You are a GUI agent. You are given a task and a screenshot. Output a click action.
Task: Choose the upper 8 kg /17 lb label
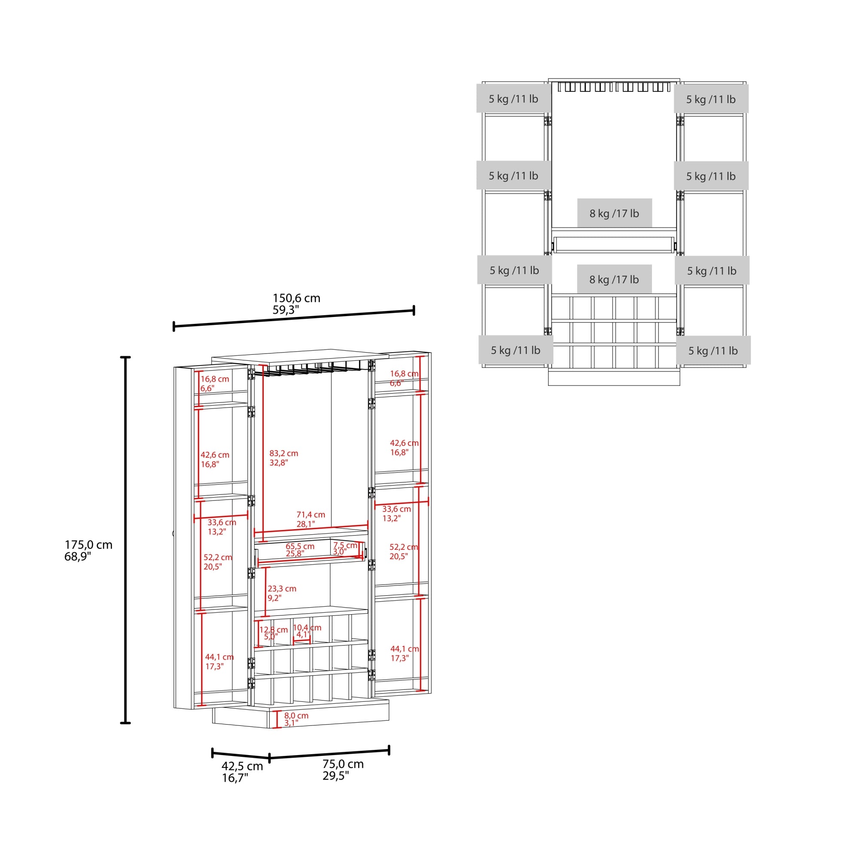pyautogui.click(x=614, y=213)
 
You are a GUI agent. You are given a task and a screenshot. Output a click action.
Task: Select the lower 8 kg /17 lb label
pyautogui.click(x=614, y=279)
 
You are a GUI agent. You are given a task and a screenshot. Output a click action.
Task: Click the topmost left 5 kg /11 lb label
pyautogui.click(x=514, y=99)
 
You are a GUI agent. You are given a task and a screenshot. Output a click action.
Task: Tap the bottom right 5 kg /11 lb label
pyautogui.click(x=713, y=350)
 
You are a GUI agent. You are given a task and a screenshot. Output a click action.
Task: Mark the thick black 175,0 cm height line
pyautogui.click(x=126, y=540)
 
